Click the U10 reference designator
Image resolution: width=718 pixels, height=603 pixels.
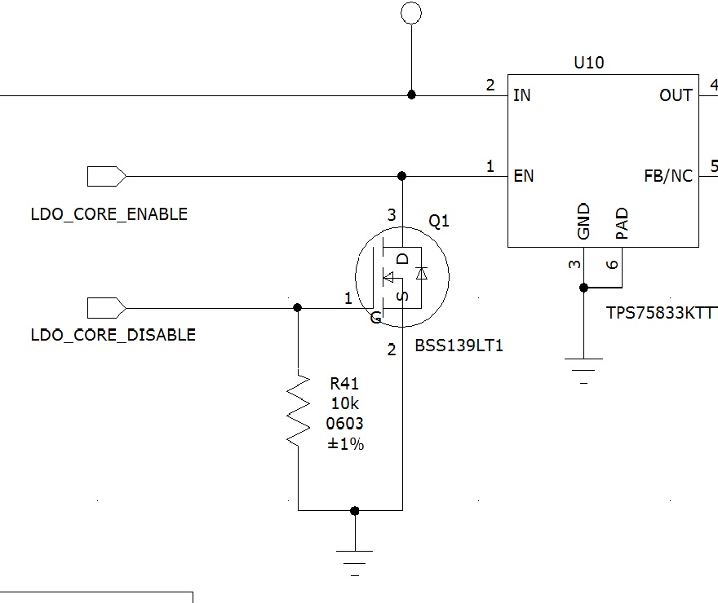tap(589, 63)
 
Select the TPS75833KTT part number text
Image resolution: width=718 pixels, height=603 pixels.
tap(661, 313)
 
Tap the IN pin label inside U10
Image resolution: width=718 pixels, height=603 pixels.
tap(522, 95)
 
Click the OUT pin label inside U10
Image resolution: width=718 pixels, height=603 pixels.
tap(676, 95)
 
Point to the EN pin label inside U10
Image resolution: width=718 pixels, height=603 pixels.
tap(523, 176)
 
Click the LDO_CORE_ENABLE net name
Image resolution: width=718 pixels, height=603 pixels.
tap(109, 214)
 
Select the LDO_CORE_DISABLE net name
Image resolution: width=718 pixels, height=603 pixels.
tap(113, 334)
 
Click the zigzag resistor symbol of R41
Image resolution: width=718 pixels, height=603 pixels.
tap(299, 409)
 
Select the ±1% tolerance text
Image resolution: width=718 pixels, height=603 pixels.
tap(345, 444)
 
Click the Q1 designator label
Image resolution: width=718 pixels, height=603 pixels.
tap(439, 222)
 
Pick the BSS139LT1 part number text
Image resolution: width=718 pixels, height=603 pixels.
tap(459, 346)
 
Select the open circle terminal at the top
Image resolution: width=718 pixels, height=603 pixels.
tap(411, 12)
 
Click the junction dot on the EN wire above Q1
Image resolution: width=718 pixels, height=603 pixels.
tap(401, 176)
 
